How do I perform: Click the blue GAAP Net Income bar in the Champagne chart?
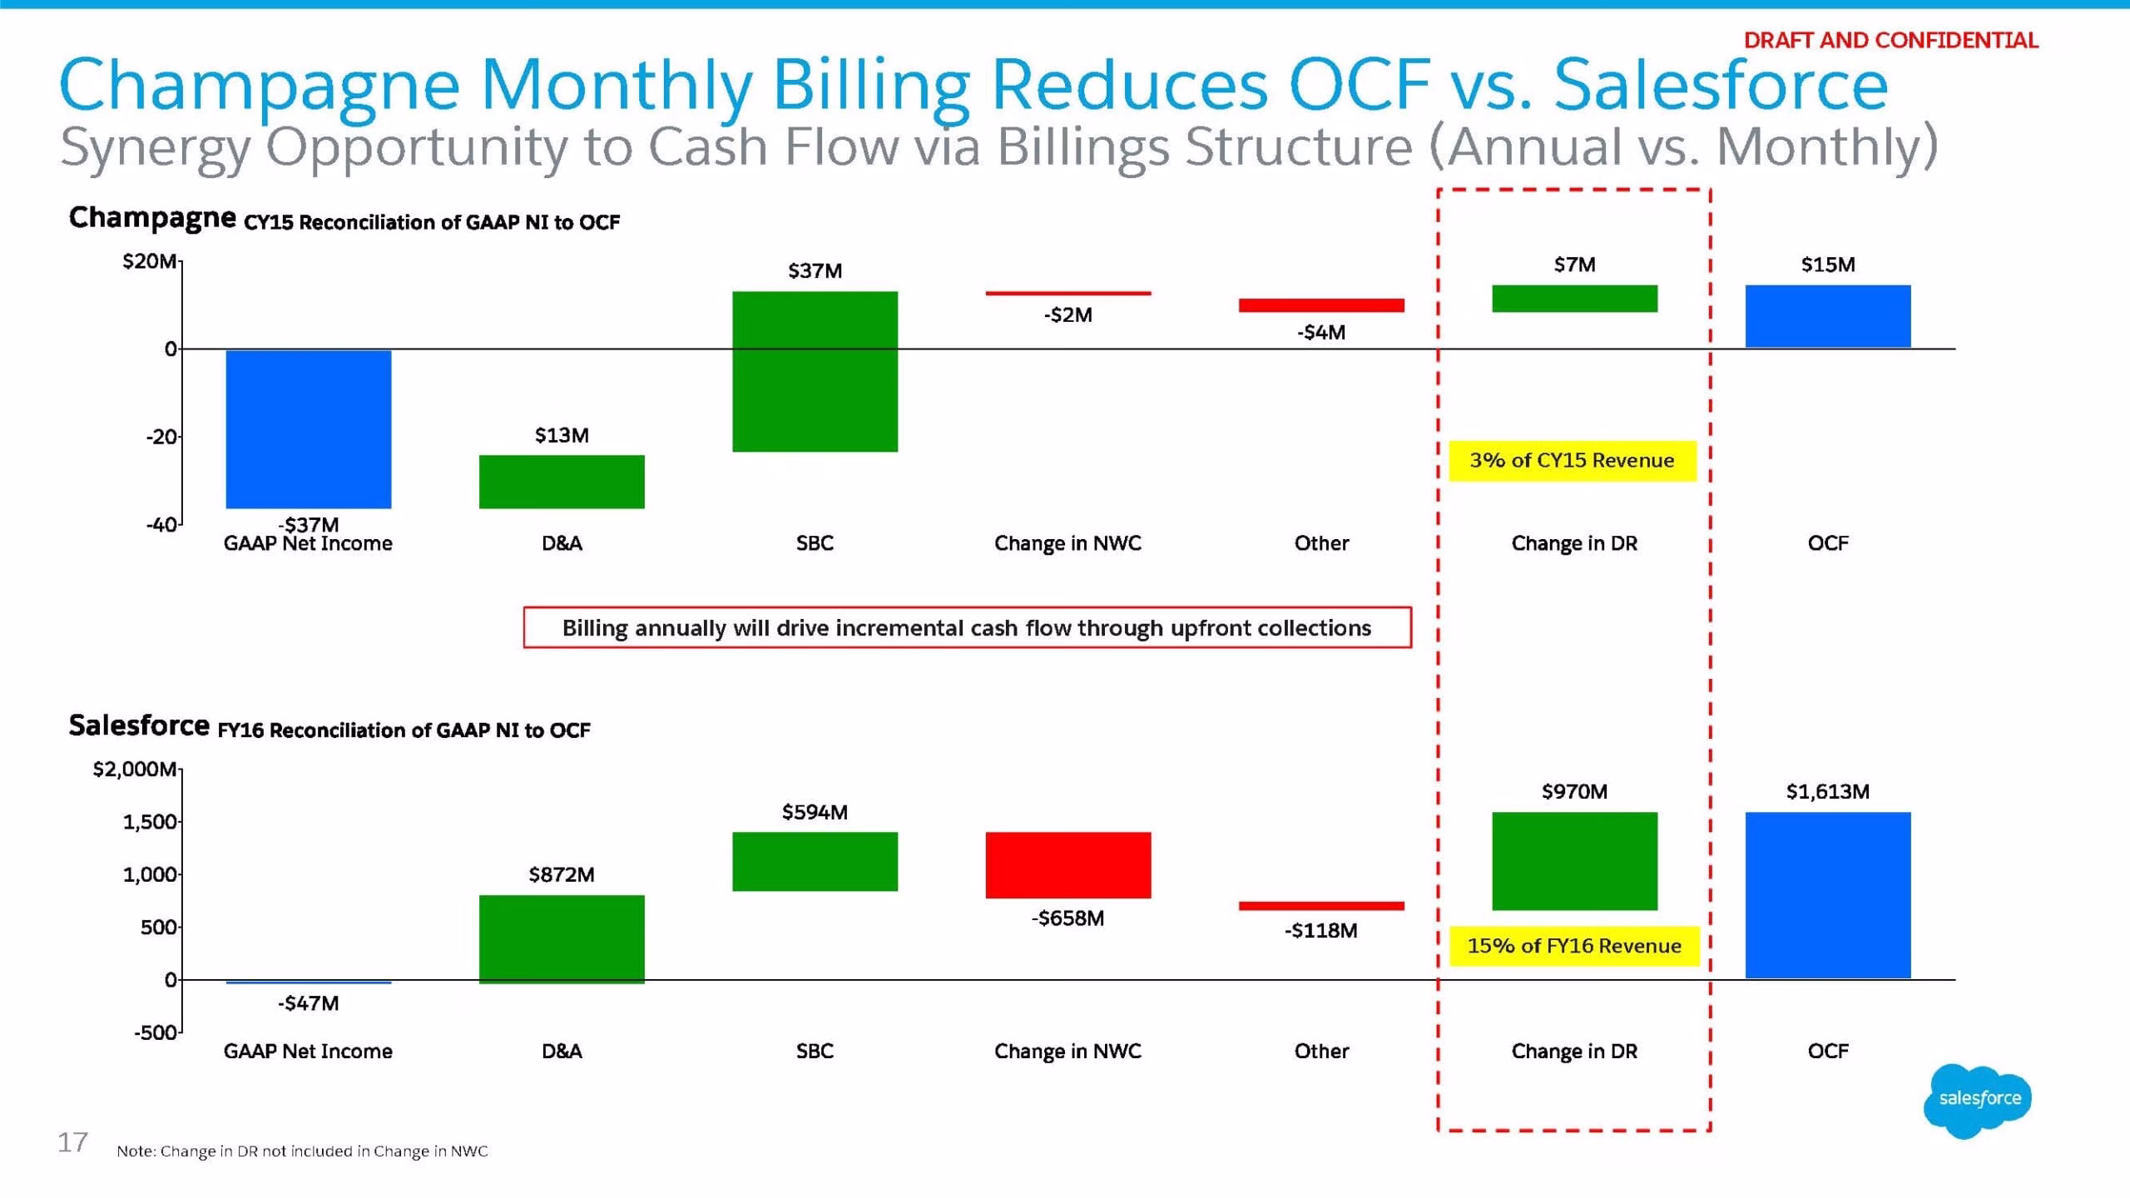point(309,429)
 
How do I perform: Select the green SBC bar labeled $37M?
point(815,371)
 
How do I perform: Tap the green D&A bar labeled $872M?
point(562,939)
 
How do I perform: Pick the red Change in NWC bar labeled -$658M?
point(1068,865)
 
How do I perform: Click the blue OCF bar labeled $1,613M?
point(1828,895)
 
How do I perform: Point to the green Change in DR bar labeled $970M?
point(1575,861)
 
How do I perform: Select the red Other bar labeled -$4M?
point(1321,305)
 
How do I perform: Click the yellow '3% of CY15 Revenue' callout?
point(1573,461)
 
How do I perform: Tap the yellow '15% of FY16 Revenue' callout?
point(1574,946)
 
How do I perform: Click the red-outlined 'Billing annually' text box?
point(967,627)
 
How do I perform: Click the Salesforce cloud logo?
point(1979,1100)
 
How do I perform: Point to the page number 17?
point(72,1142)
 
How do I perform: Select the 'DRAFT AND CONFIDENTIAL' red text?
point(1891,40)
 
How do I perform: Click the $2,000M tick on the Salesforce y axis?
point(135,769)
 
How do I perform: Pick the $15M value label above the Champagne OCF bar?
point(1828,265)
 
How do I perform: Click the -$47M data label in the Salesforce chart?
point(308,1003)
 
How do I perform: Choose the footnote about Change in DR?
point(302,1151)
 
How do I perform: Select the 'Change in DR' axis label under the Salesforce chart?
point(1574,1052)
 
